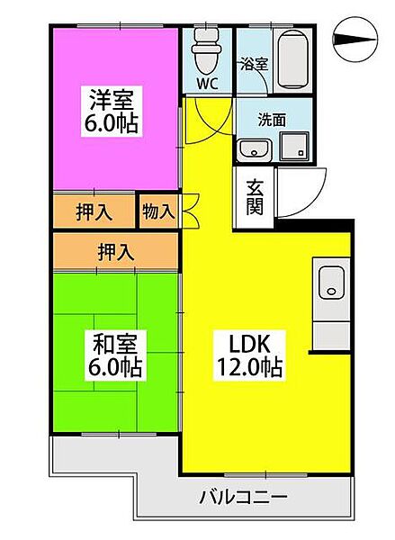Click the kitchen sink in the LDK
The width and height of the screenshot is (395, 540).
329,282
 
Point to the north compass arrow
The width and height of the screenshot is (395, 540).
356,38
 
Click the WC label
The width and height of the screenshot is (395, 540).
207,85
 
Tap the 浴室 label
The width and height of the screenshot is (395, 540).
253,65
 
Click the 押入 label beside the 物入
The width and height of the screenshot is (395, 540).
94,212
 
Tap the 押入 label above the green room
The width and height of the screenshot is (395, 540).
115,252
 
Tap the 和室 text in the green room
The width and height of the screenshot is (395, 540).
110,343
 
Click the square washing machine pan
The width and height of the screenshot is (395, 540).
295,146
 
